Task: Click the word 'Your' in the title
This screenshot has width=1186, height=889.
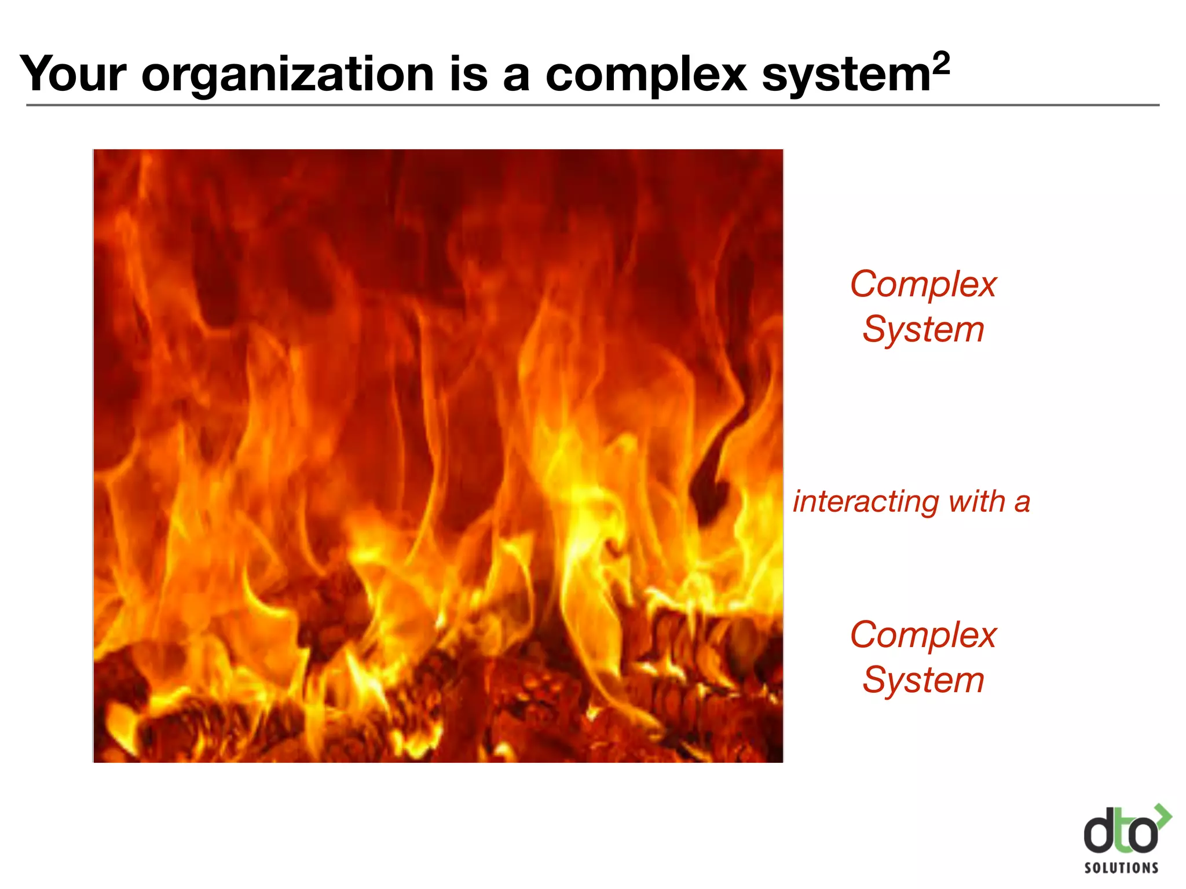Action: click(x=73, y=74)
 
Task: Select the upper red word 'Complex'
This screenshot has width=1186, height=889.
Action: click(x=923, y=285)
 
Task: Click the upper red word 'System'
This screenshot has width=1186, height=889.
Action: click(x=923, y=329)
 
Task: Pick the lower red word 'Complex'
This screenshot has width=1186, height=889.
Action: click(x=923, y=635)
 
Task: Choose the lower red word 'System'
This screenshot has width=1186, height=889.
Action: click(x=923, y=680)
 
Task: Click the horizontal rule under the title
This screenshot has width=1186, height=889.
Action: click(x=592, y=105)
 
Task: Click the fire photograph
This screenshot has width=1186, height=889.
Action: click(x=438, y=456)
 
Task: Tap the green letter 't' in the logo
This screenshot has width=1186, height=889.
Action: click(x=1121, y=836)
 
